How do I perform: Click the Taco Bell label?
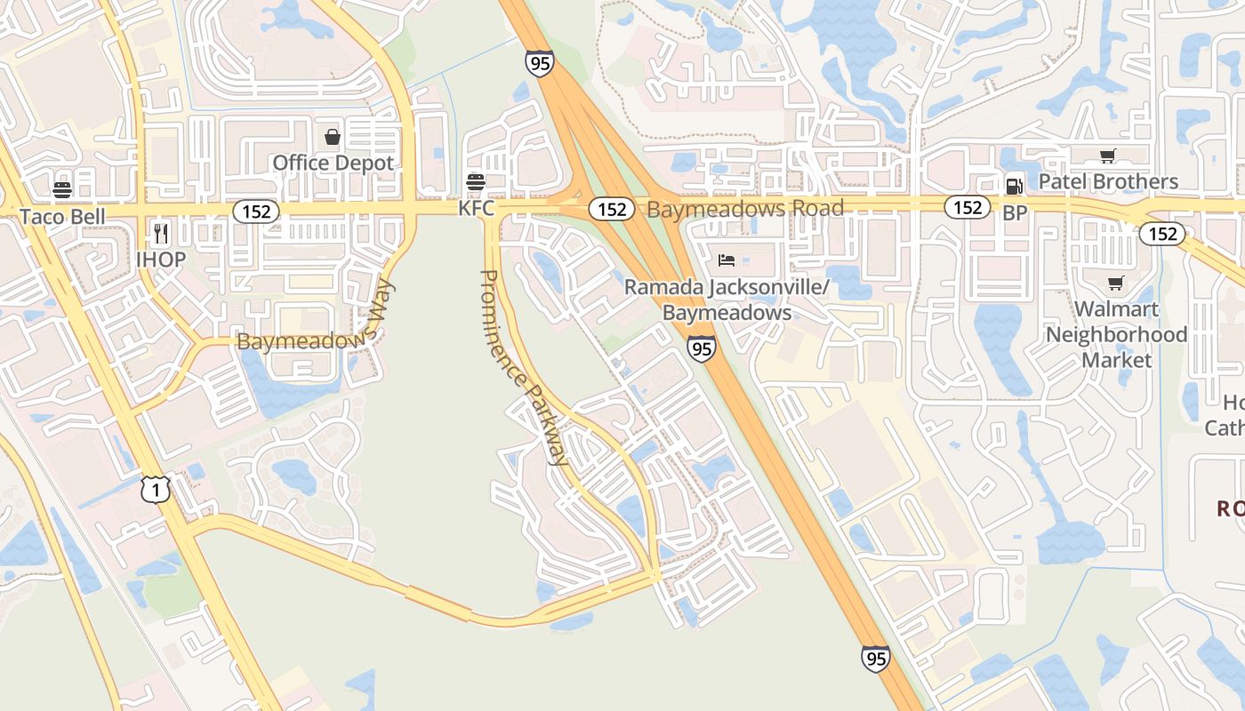pos(62,216)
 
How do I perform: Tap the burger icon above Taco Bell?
pos(62,189)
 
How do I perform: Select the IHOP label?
pos(161,260)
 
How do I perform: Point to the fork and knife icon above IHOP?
pos(161,233)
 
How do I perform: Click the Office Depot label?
pos(333,163)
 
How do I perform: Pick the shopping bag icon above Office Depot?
pos(333,137)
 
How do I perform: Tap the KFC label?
pos(476,208)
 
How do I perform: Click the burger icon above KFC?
pos(476,182)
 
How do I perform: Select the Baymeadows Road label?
pos(745,209)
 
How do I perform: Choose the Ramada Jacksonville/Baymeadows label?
pos(727,300)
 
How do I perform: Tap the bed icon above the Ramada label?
pos(727,260)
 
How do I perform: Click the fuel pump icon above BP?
pos(1014,186)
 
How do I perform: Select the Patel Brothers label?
pos(1108,181)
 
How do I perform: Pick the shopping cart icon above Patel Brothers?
pos(1108,156)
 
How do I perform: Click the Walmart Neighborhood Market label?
pos(1116,334)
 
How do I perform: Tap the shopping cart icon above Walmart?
pos(1116,284)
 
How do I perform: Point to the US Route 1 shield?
pos(156,490)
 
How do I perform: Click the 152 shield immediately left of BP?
pos(968,207)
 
